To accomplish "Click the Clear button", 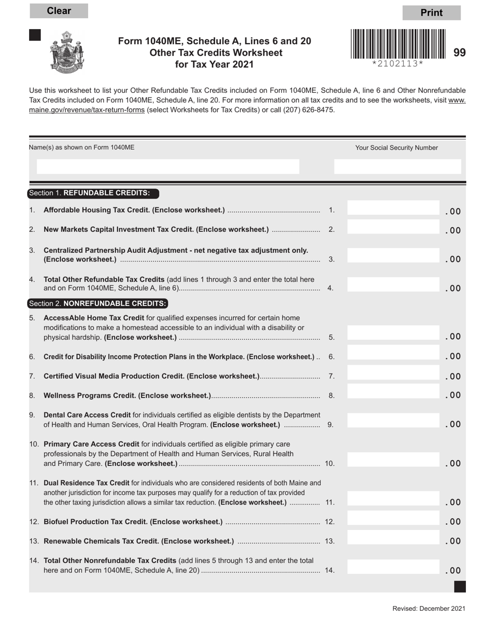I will click(x=59, y=11).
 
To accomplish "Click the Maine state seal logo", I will click(x=67, y=52).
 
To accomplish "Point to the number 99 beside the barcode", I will click(x=460, y=53).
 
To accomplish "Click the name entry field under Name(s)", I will click(x=168, y=166).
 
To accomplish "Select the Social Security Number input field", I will click(x=398, y=166).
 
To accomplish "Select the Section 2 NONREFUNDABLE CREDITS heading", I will click(x=98, y=303).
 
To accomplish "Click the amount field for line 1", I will click(x=394, y=209).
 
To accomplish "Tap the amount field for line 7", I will click(x=394, y=374).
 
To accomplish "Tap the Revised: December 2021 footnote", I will click(x=429, y=609).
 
